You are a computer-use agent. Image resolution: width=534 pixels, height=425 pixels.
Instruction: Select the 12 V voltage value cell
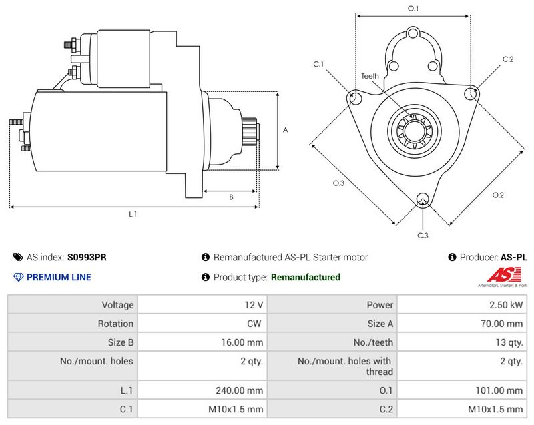[253, 305]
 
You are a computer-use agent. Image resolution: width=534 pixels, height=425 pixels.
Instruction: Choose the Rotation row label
[117, 324]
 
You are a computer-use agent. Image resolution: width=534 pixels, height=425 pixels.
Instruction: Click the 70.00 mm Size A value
[503, 324]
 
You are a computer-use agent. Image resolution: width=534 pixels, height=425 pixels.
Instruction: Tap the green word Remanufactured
[305, 277]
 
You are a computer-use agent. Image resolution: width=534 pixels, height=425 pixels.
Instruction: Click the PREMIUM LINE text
[59, 277]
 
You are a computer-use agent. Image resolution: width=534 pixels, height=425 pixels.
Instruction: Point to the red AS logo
[498, 274]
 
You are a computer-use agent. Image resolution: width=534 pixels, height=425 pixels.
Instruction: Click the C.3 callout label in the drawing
[423, 235]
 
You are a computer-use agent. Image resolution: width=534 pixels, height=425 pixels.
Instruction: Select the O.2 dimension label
[498, 195]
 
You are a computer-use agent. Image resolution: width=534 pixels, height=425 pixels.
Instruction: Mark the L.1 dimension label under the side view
[133, 214]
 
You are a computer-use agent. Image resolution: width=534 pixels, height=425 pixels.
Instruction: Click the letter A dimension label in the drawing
[285, 130]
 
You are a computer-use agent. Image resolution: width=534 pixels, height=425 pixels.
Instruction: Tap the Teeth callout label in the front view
[370, 76]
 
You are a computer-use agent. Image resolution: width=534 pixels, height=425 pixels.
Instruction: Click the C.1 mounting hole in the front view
[355, 98]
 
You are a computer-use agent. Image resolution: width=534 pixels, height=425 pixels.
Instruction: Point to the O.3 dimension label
[338, 183]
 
